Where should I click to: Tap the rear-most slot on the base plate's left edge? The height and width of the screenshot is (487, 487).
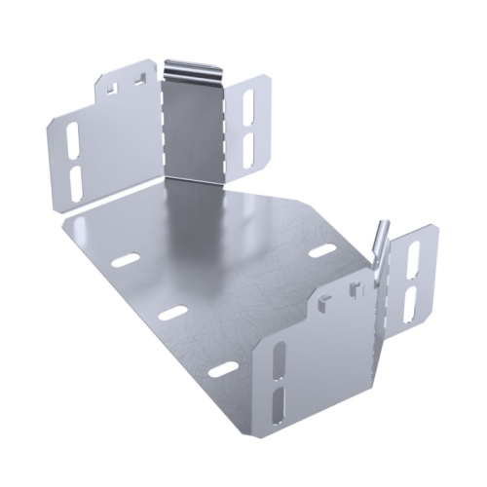pyautogui.click(x=125, y=262)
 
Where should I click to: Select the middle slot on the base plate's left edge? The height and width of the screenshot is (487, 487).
pyautogui.click(x=173, y=313)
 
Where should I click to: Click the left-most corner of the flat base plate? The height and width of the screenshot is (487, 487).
pyautogui.click(x=59, y=220)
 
